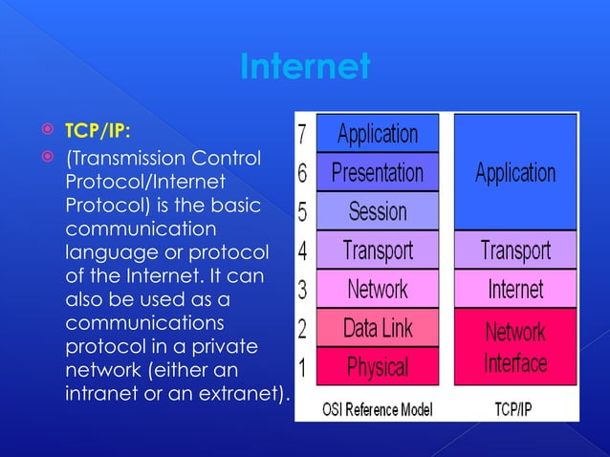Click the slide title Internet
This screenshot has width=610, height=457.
click(x=304, y=68)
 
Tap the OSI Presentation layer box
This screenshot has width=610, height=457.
click(x=377, y=173)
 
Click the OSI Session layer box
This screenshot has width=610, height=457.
click(x=377, y=211)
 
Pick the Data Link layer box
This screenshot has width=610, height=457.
click(x=377, y=328)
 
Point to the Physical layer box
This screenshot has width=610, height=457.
click(x=377, y=366)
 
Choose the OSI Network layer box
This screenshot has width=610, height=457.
click(x=377, y=289)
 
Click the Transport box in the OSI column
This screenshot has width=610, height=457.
click(x=377, y=250)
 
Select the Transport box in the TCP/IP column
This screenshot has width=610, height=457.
click(x=515, y=250)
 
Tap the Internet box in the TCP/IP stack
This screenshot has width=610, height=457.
click(x=515, y=289)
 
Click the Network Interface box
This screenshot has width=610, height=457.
click(x=515, y=347)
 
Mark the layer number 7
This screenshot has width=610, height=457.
click(x=303, y=135)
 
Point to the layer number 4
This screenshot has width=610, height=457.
click(x=303, y=251)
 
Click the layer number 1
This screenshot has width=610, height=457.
click(x=303, y=367)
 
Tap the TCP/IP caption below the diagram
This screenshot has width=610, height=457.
click(x=515, y=409)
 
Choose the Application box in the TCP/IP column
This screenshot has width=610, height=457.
click(x=515, y=173)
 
